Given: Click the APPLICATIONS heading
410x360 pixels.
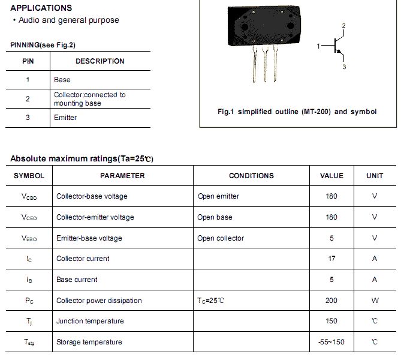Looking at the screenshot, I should click(x=41, y=8).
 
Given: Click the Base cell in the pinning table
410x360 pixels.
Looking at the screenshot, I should click(x=62, y=79).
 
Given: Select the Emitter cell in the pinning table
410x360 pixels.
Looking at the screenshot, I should click(x=65, y=118).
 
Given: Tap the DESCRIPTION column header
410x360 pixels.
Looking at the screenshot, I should click(x=100, y=61).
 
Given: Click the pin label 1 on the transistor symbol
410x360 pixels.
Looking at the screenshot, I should click(x=319, y=46).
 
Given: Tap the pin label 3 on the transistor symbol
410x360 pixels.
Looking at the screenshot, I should click(x=344, y=67).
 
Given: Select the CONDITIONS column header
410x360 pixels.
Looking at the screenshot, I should click(x=251, y=176).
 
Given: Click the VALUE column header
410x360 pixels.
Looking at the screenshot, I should click(x=331, y=176).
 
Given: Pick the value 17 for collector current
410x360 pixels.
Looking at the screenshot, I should click(x=331, y=259).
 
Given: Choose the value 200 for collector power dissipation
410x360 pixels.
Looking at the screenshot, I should click(x=331, y=301).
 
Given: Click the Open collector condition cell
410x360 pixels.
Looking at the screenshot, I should click(x=221, y=238).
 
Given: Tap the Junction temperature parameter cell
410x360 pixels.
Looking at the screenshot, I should click(x=90, y=321).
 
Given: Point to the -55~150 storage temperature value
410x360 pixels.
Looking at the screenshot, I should click(x=331, y=342).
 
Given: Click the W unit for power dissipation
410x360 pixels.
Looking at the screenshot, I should click(x=375, y=301).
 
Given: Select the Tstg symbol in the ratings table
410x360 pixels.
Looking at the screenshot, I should click(x=29, y=342).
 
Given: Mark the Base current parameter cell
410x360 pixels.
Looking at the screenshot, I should click(x=77, y=280).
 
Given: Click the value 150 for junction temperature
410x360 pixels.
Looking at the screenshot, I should click(x=331, y=321).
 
